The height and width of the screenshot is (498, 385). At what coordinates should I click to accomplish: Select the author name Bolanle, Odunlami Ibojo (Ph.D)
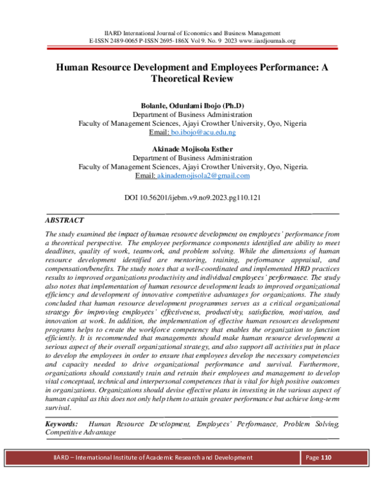click(x=193, y=105)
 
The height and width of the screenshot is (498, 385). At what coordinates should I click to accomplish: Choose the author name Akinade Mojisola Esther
click(x=193, y=149)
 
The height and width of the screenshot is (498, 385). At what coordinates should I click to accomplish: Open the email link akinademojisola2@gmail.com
click(x=203, y=175)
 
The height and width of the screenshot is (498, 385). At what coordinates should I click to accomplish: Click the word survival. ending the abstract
click(x=58, y=407)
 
